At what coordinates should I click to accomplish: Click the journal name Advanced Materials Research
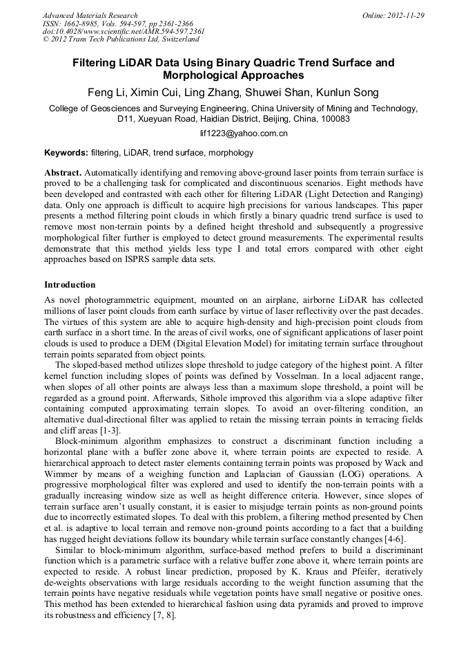(x=90, y=15)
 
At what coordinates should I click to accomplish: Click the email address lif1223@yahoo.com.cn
(x=233, y=133)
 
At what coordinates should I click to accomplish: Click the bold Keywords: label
(x=66, y=153)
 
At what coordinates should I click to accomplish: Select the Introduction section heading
(x=70, y=285)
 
